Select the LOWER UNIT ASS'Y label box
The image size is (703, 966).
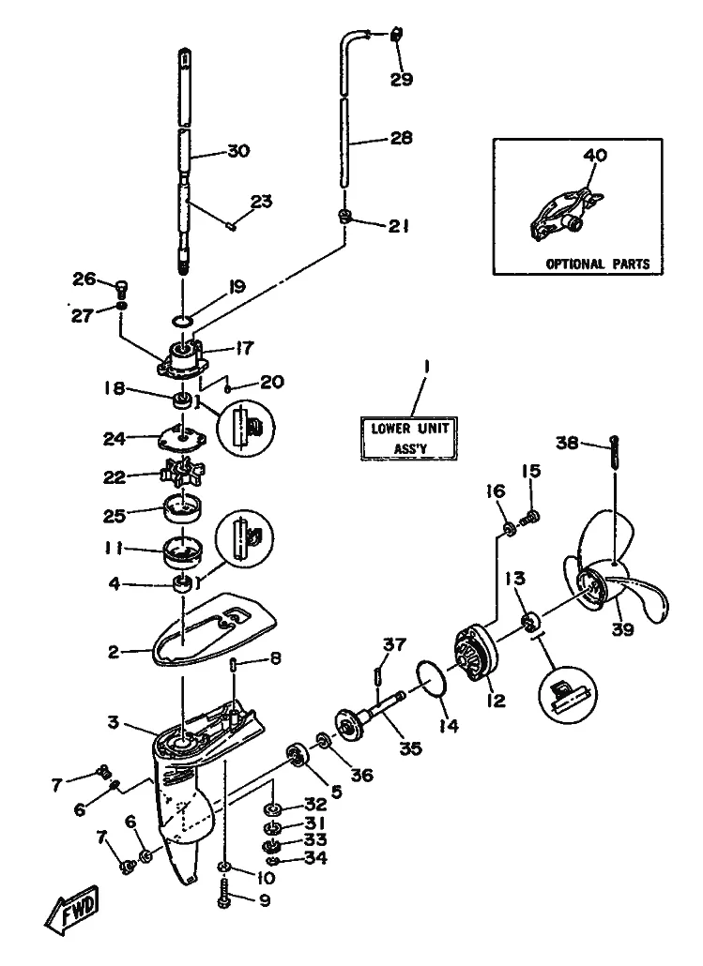tap(409, 438)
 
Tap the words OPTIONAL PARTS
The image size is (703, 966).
tap(597, 264)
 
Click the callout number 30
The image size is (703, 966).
tap(238, 150)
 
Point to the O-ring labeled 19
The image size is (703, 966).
tap(184, 322)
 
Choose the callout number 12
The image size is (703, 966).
tap(495, 700)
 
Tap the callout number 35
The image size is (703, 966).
tap(409, 749)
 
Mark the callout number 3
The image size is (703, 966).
tap(113, 722)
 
